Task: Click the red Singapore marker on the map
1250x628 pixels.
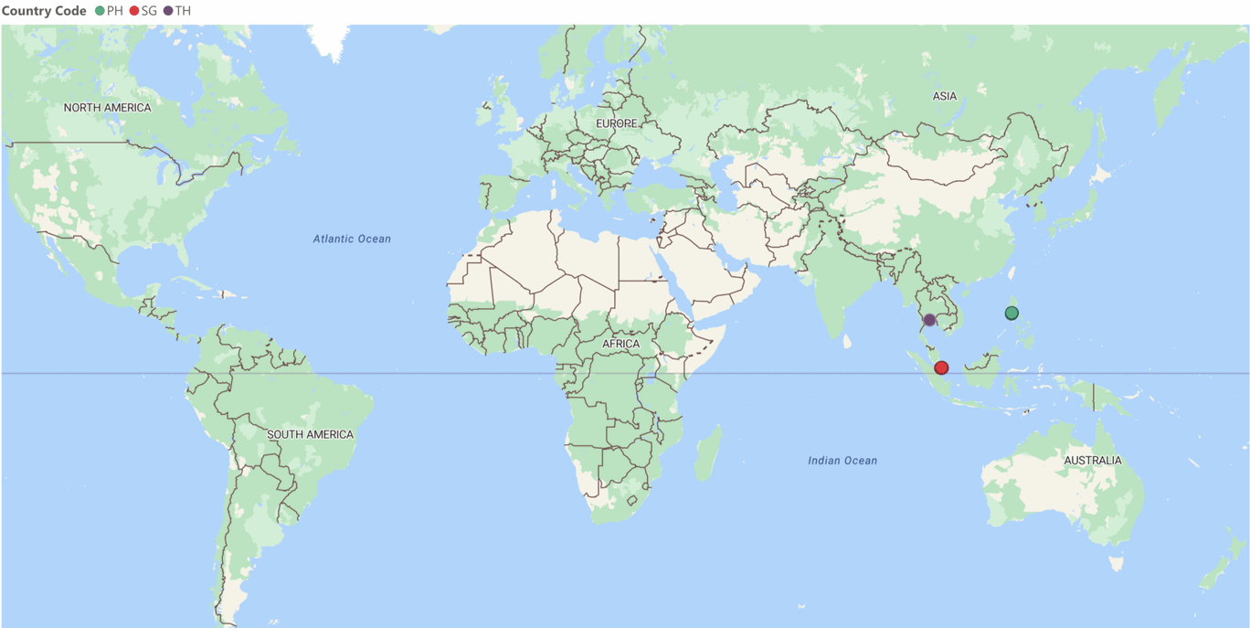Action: (x=941, y=367)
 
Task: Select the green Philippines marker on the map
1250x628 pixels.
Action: (x=1012, y=313)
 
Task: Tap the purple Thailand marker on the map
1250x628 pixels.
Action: (x=929, y=320)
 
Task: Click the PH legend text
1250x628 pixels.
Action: (x=115, y=11)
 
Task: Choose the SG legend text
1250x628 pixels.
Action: (x=149, y=11)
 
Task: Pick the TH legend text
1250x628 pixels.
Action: (x=183, y=11)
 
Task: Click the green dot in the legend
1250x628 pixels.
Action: (x=100, y=11)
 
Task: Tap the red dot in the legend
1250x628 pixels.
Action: (x=134, y=11)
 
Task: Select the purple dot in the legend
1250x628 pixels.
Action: (x=168, y=11)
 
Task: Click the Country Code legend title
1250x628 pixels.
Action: (x=44, y=11)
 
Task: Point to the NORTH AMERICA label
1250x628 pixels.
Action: (x=107, y=108)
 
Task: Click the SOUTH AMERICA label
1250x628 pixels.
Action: (x=310, y=434)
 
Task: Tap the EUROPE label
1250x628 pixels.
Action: (x=616, y=123)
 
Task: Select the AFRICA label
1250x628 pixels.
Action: (x=620, y=344)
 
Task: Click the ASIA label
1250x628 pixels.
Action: (x=945, y=96)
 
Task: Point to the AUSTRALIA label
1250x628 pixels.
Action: (x=1092, y=460)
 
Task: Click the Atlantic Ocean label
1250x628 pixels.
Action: (x=352, y=239)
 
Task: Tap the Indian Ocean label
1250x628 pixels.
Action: (x=842, y=461)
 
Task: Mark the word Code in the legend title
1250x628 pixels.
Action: (x=70, y=11)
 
